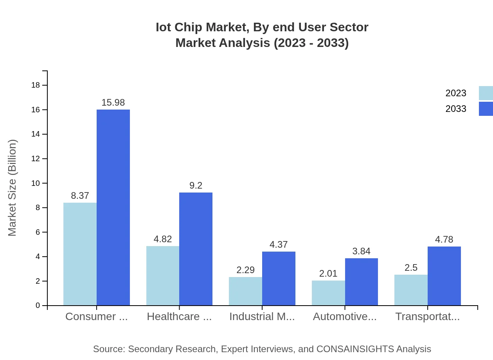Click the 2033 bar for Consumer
tap(113, 207)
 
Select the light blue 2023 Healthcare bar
tap(163, 276)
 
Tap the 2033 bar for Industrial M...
tap(279, 279)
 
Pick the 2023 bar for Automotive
tap(328, 293)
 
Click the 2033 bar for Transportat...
tap(444, 276)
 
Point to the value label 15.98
tap(113, 103)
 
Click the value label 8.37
tap(80, 196)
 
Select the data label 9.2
tap(196, 185)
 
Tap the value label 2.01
tap(328, 274)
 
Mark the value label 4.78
tap(444, 239)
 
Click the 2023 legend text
tap(456, 93)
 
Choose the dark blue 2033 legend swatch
tap(486, 109)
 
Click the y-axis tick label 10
tap(36, 183)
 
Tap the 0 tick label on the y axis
tap(38, 306)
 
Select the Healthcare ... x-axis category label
tap(179, 317)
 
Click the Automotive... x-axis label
tap(345, 317)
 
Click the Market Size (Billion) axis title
tap(13, 188)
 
